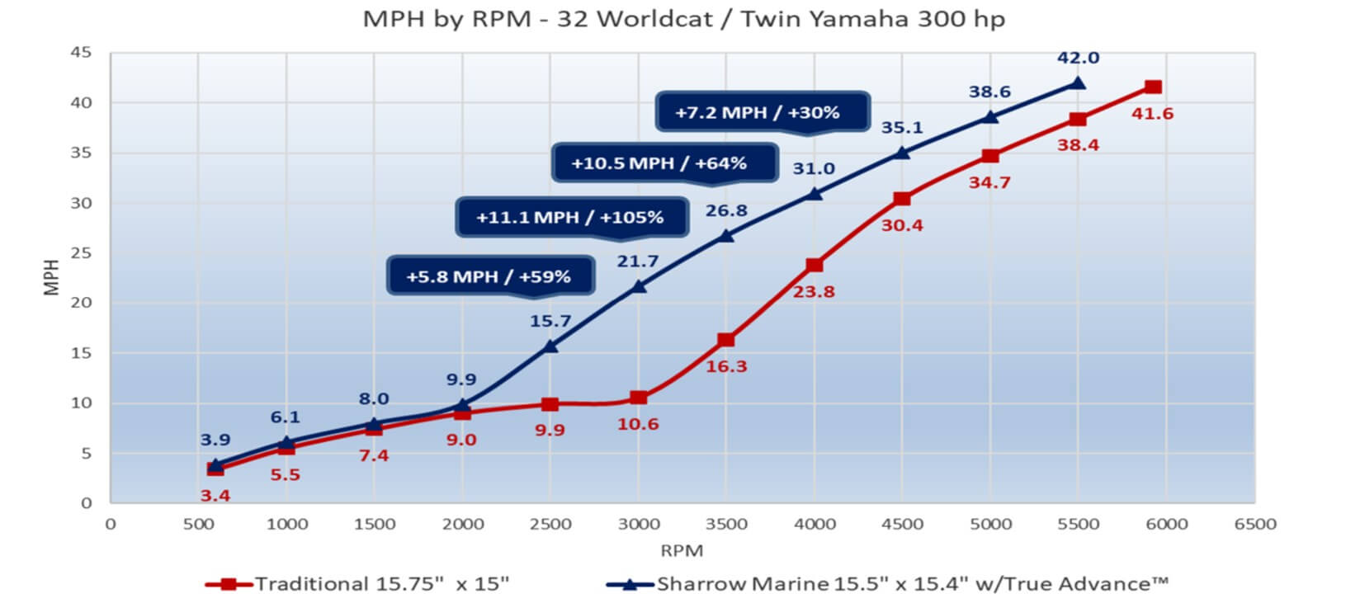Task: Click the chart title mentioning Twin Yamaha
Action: tap(683, 19)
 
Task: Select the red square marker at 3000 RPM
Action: tap(638, 398)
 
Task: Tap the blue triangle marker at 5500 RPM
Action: tap(1078, 82)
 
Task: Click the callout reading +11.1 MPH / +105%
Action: tap(570, 218)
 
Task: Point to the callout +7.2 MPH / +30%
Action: tap(758, 112)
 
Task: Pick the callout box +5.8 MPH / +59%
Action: tap(489, 276)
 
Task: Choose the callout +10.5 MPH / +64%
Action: tap(659, 163)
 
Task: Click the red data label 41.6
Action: tap(1152, 114)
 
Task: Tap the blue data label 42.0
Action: tap(1078, 58)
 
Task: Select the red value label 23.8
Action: tap(814, 291)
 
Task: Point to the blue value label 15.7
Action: tap(550, 321)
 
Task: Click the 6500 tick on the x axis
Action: tap(1254, 524)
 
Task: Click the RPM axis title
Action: tap(682, 550)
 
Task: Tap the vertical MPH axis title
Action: tap(52, 277)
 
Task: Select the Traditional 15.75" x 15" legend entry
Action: tap(357, 584)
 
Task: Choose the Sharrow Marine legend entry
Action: tap(888, 584)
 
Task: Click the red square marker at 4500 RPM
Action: tap(902, 199)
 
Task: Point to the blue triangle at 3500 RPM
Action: tap(726, 235)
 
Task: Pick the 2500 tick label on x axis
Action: tap(550, 524)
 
